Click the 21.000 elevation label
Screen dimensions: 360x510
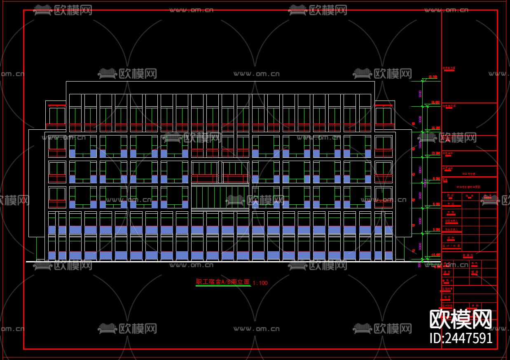pos(433,77)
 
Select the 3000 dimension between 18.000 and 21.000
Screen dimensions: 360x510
pos(420,94)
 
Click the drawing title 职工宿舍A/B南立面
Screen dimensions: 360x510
pos(223,282)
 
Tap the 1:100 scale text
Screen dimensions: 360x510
pos(260,283)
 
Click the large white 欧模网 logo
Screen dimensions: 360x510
pos(461,319)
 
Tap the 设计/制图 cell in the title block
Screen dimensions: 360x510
pos(452,246)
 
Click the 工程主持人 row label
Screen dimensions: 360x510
pos(452,221)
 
